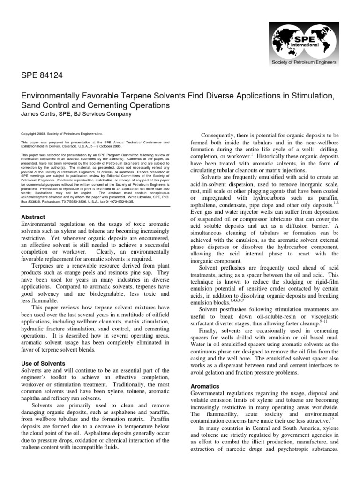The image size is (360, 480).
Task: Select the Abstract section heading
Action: tap(33, 217)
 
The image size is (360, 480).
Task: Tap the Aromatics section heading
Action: tap(205, 386)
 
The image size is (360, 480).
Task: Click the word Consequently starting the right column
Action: tap(222, 135)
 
